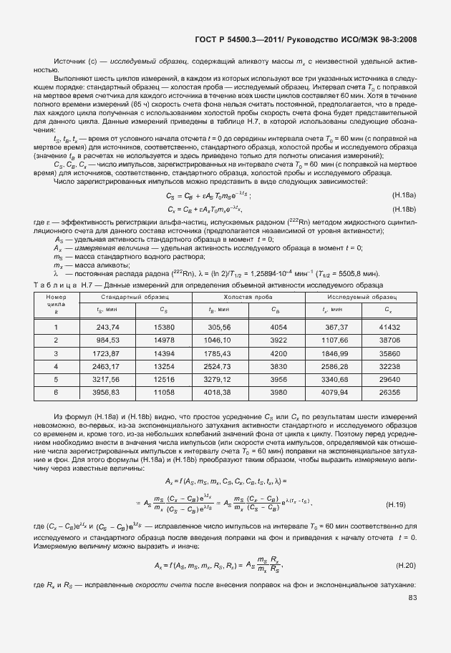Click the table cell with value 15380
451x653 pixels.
click(164, 326)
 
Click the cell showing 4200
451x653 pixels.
click(278, 353)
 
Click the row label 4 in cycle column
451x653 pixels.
click(56, 367)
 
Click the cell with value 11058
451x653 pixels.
click(164, 393)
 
